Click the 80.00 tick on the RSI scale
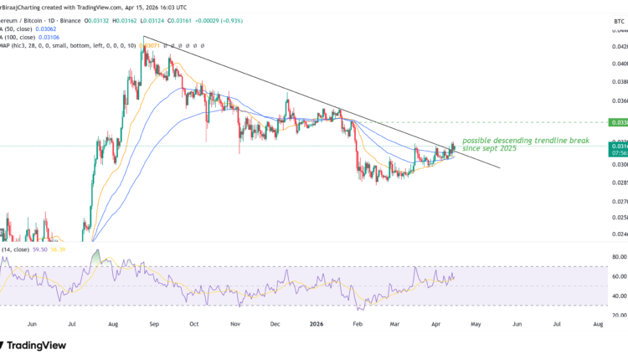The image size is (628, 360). click(618, 257)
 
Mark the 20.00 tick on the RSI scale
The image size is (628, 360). click(618, 315)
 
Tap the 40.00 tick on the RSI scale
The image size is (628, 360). click(618, 296)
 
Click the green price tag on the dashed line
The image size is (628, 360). click(619, 122)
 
